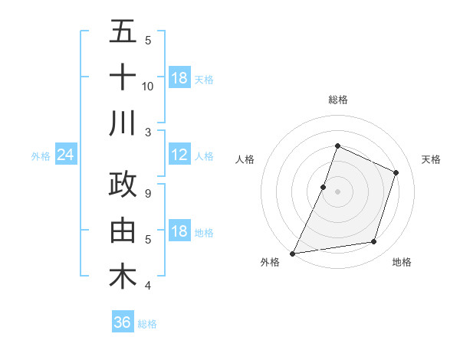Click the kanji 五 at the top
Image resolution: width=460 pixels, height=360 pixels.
point(123,32)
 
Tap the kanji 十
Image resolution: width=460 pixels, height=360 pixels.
point(123,77)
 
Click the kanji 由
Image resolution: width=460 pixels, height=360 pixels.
point(123,231)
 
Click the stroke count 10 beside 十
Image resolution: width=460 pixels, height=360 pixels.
point(148,87)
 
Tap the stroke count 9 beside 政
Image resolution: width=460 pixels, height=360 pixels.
point(148,194)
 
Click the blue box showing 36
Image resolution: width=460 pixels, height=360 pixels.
point(123,322)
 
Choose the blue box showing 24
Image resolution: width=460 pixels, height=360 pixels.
point(66,155)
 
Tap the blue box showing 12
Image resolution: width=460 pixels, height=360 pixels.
point(179,155)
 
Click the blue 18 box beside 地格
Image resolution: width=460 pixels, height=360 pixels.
point(179,232)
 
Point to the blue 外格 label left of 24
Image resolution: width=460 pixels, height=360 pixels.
point(41,156)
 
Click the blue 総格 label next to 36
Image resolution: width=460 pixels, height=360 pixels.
point(147,324)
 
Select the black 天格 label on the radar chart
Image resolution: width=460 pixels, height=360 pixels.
point(431,159)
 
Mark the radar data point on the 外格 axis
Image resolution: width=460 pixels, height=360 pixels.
point(293,253)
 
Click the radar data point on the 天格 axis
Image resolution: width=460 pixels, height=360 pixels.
point(396,172)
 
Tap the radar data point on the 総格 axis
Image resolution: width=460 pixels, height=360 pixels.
point(337,146)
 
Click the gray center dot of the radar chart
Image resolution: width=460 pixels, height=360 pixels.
point(337,191)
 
